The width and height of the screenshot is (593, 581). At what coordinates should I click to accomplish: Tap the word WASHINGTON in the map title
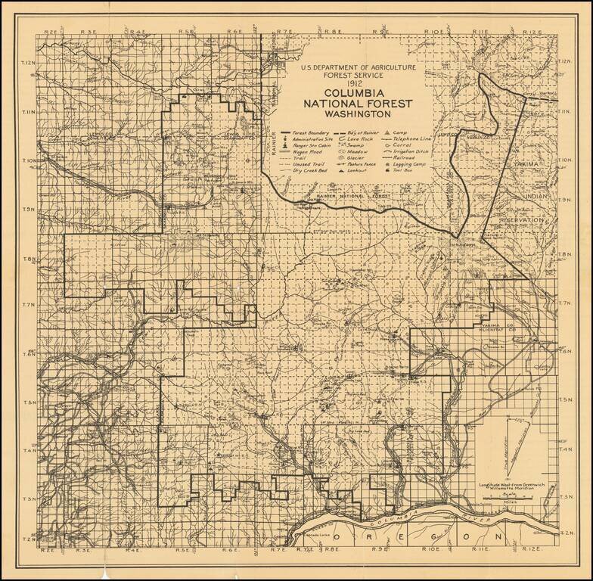[x=356, y=115]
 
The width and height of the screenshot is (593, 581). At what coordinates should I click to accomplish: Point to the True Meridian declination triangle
[x=508, y=446]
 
